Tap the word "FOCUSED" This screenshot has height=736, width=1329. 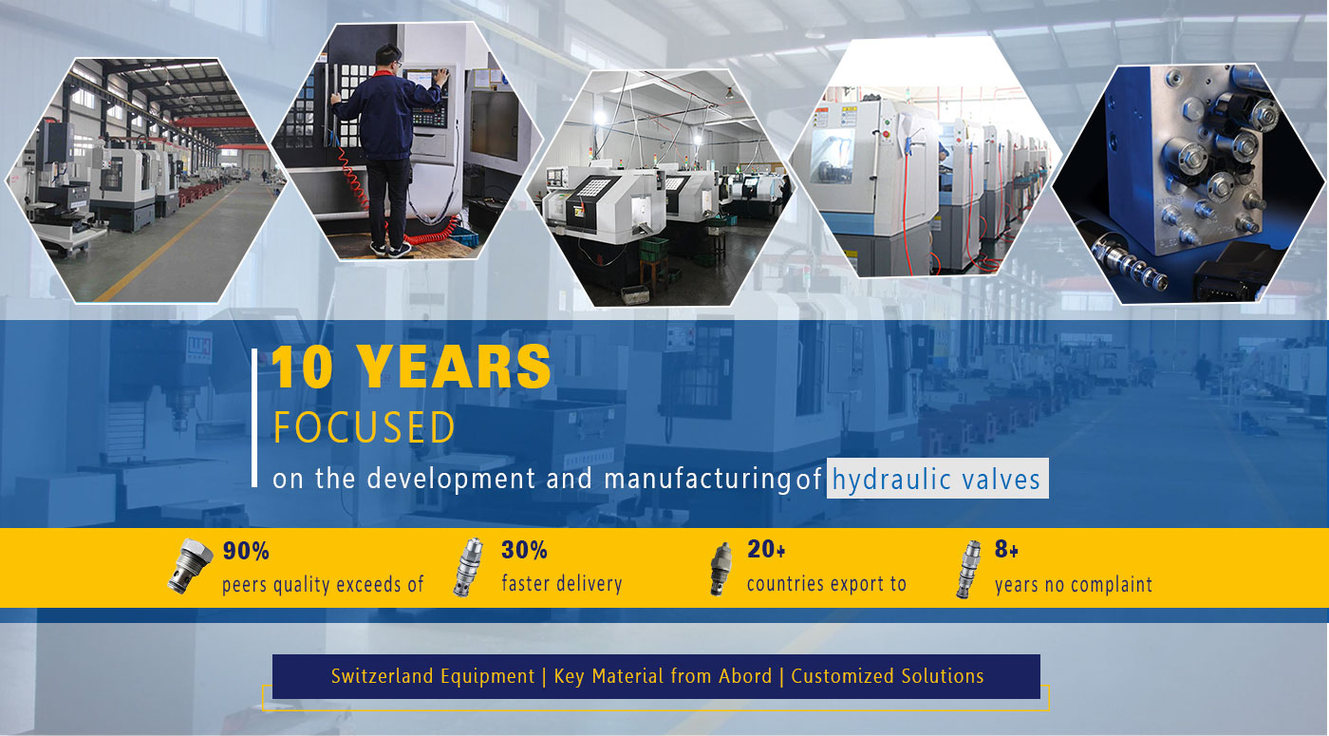365,427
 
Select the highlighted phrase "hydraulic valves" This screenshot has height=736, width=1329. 937,480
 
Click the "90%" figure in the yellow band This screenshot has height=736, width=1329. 246,551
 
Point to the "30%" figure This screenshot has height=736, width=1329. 524,550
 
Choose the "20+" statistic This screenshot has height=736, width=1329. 766,549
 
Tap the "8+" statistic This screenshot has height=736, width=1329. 1006,549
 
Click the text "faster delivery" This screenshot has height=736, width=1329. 562,583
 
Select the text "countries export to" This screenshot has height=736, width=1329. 827,583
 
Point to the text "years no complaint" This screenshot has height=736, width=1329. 1074,585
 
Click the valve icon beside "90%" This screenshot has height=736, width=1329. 189,566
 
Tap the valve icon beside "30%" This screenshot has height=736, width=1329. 468,567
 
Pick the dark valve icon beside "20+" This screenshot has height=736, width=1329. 721,569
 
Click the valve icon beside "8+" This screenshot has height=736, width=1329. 968,569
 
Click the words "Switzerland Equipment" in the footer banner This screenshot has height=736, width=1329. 433,676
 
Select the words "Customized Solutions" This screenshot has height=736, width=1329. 887,676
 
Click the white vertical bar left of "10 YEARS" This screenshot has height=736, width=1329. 254,418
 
